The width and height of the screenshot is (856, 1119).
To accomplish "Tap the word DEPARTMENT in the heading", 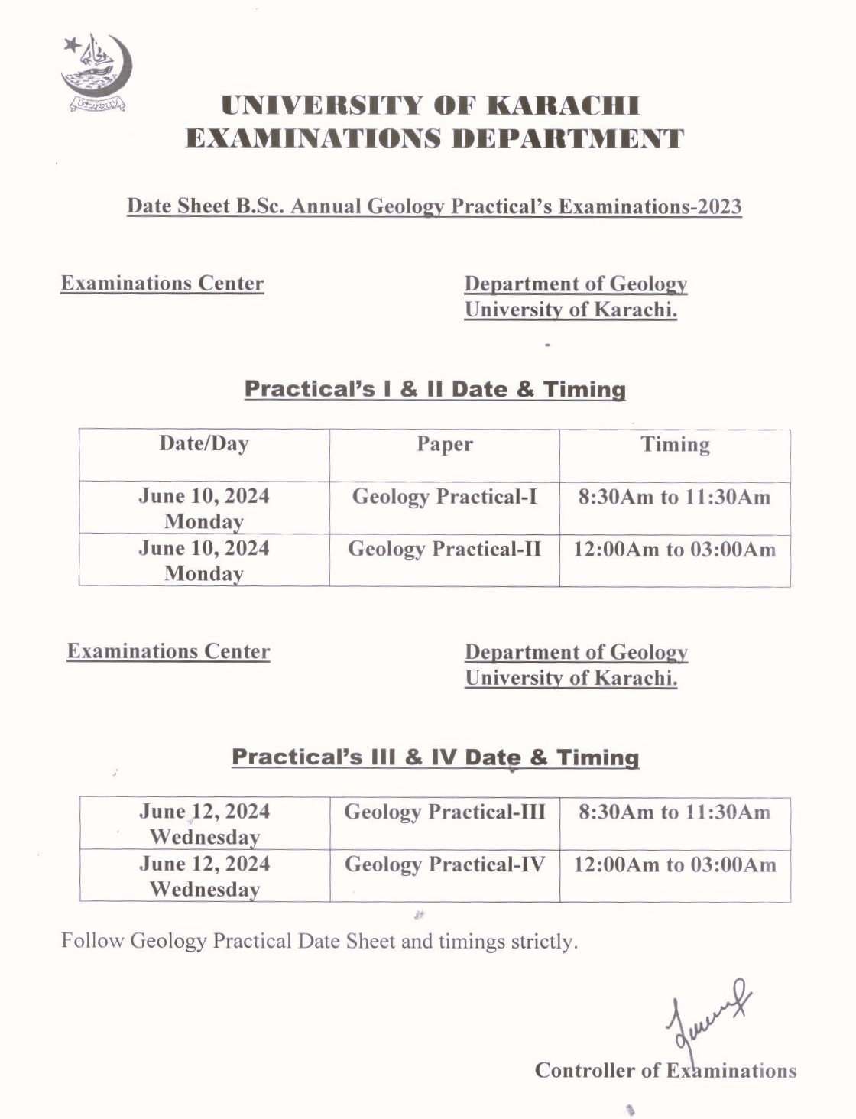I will (x=567, y=139).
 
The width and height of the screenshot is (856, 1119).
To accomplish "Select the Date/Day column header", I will (x=204, y=444).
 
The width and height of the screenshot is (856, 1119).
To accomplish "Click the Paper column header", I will (x=445, y=444).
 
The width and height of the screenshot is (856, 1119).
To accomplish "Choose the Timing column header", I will (x=675, y=444).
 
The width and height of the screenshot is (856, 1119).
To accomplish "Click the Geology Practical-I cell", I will (x=445, y=497).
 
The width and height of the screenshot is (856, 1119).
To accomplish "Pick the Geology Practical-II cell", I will (x=445, y=549).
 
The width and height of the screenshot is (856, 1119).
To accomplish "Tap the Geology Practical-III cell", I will (x=445, y=812).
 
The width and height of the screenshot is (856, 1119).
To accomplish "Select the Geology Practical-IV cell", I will (x=445, y=864).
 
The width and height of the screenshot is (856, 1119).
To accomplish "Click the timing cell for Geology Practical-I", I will (x=675, y=498).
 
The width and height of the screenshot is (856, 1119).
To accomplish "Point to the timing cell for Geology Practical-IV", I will (x=675, y=864).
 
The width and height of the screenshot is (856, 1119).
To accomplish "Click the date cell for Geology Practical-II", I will (x=204, y=560).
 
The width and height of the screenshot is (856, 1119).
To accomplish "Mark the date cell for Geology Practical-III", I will (x=204, y=823).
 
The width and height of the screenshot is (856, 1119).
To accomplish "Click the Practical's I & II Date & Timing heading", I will (x=435, y=389).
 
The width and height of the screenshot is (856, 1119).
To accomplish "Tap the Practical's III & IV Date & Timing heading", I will (x=435, y=757).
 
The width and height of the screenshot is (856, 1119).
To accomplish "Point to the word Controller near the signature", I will (x=585, y=1070).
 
